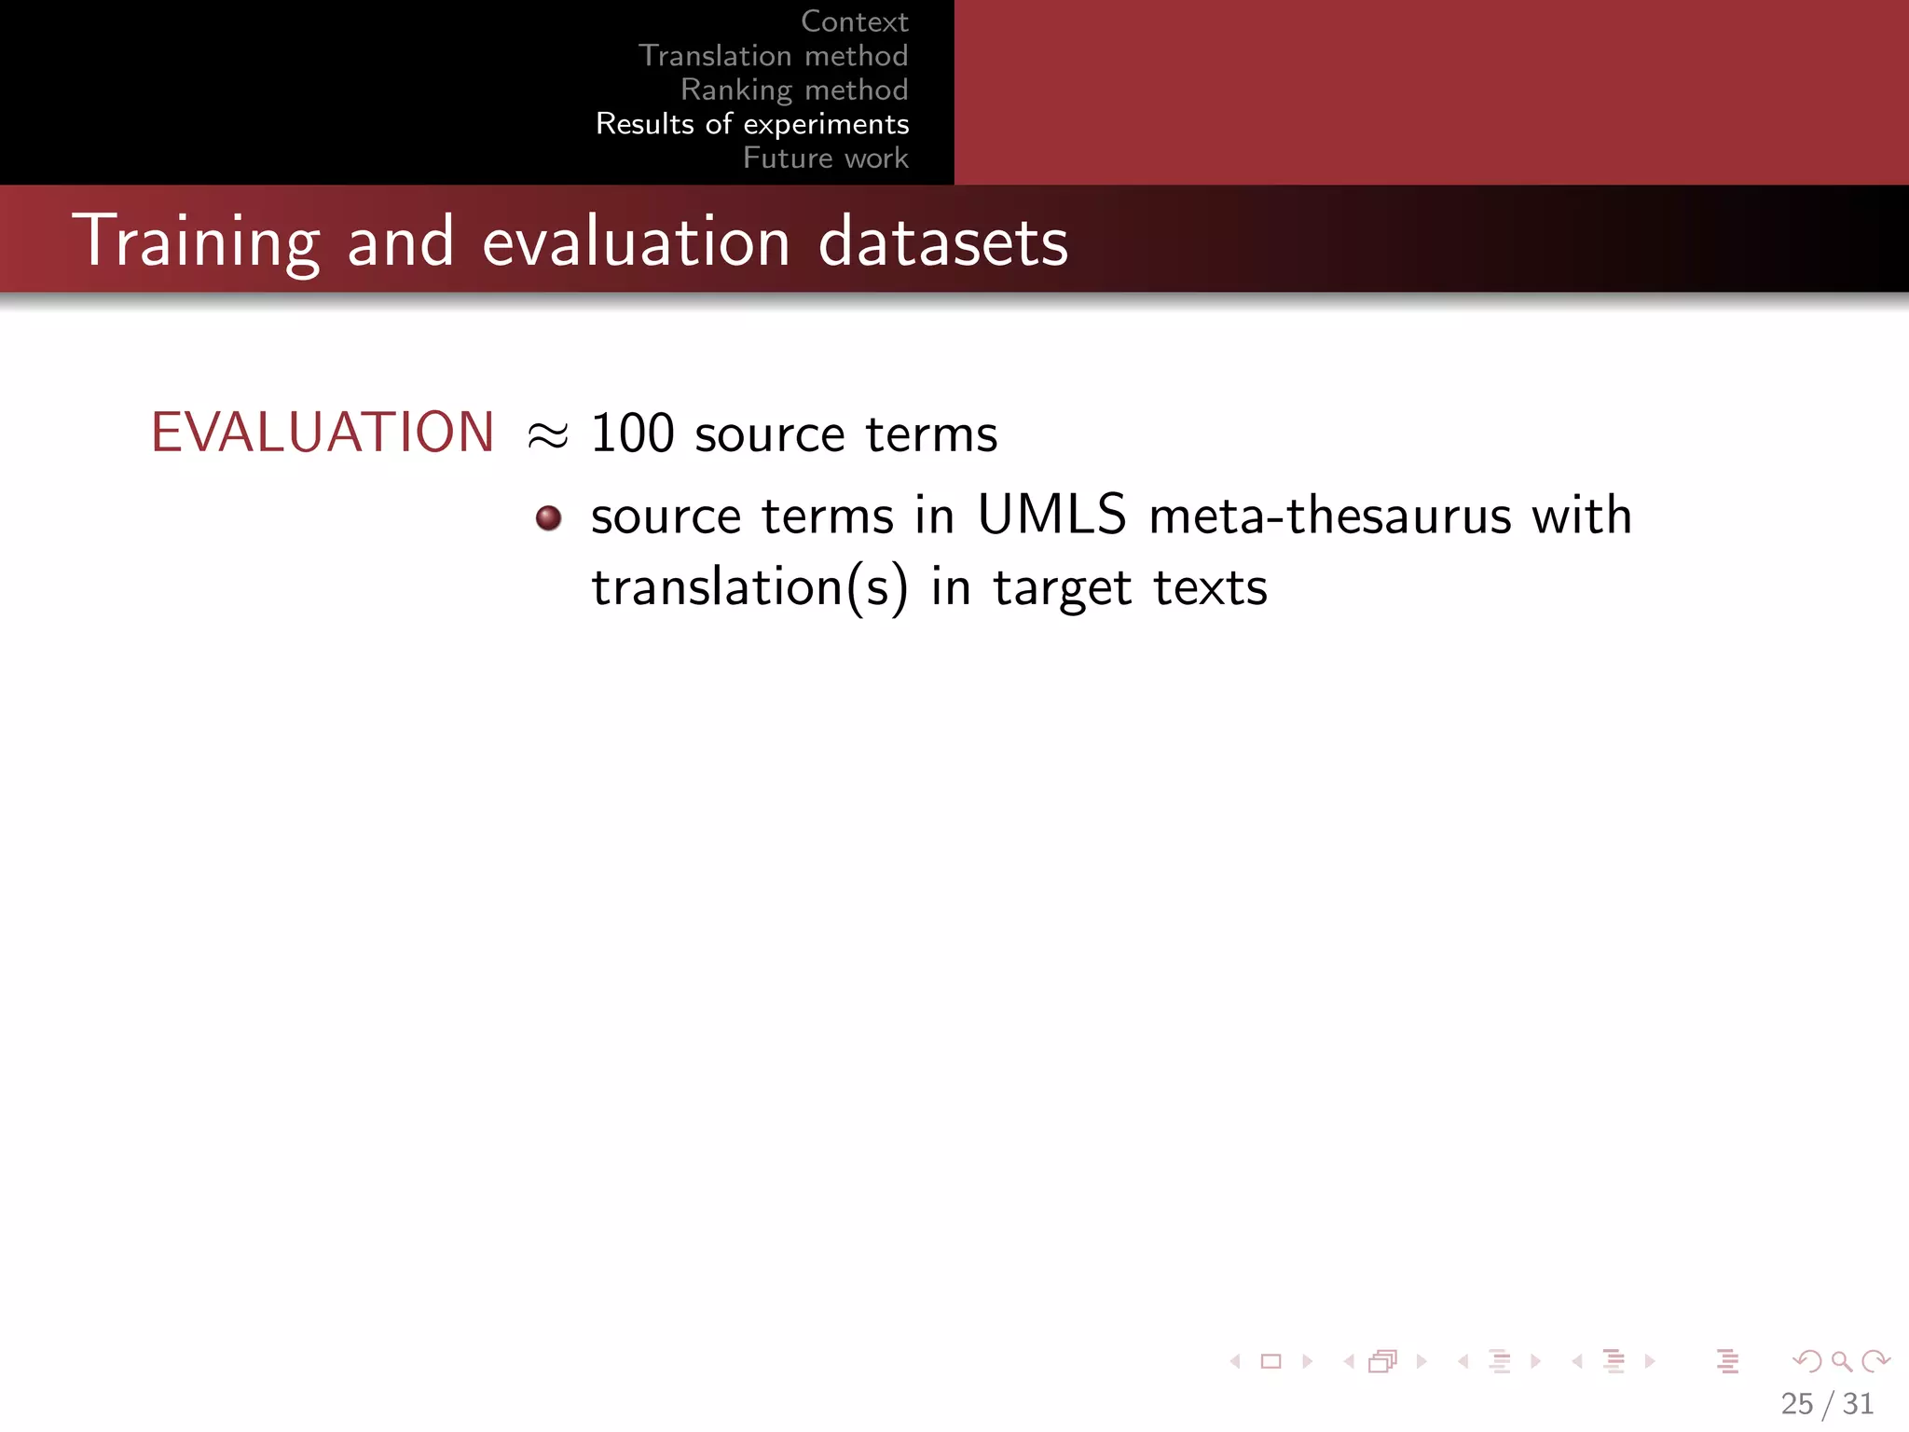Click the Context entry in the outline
[x=854, y=21]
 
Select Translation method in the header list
[x=773, y=56]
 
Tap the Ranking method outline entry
[x=793, y=89]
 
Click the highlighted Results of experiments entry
[x=751, y=124]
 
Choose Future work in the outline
[x=825, y=158]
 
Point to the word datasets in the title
[x=942, y=241]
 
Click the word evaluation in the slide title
[x=636, y=241]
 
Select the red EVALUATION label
[x=323, y=433]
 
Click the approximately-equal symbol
[x=547, y=435]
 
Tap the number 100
[x=632, y=434]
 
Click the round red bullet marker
[x=548, y=517]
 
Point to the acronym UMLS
[x=1051, y=515]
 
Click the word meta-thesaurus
[x=1329, y=516]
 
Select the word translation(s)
[x=749, y=588]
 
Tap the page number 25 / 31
[x=1826, y=1403]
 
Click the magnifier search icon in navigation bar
[x=1840, y=1361]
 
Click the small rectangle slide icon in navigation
[x=1270, y=1361]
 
